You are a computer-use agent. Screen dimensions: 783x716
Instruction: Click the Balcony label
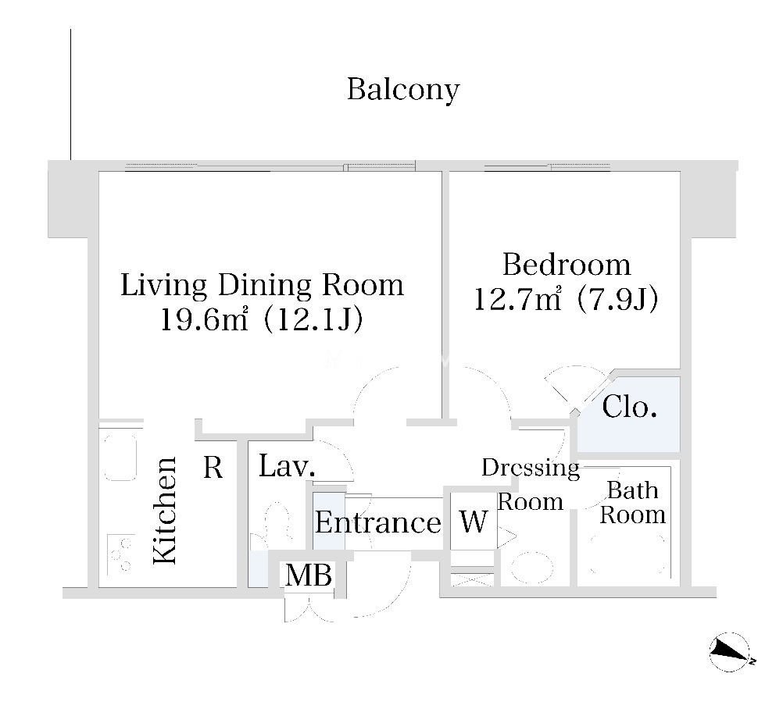pyautogui.click(x=403, y=90)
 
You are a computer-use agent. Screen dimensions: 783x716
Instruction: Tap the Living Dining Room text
pyautogui.click(x=262, y=286)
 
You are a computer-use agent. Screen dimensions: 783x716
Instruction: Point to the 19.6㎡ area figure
pyautogui.click(x=204, y=319)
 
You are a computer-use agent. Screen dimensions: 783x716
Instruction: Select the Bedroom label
pyautogui.click(x=567, y=265)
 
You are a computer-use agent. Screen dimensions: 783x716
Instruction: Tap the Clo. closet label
pyautogui.click(x=629, y=407)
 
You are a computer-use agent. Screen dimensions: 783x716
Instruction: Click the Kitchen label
pyautogui.click(x=166, y=511)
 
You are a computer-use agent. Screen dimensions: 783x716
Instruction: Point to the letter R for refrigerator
pyautogui.click(x=213, y=468)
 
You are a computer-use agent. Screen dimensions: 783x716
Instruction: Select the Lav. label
pyautogui.click(x=287, y=466)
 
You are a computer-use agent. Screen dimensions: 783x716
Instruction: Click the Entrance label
pyautogui.click(x=378, y=523)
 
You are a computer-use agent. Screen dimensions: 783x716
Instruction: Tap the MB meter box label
pyautogui.click(x=308, y=575)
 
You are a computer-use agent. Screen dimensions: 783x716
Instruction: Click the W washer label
pyautogui.click(x=473, y=522)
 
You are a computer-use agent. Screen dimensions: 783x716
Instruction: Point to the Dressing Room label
pyautogui.click(x=531, y=484)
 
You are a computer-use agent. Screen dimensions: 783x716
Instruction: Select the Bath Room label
pyautogui.click(x=633, y=503)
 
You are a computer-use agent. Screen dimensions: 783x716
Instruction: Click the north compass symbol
pyautogui.click(x=730, y=652)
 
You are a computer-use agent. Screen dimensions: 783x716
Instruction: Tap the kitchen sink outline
pyautogui.click(x=120, y=458)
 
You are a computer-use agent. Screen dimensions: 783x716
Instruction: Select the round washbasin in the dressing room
pyautogui.click(x=532, y=568)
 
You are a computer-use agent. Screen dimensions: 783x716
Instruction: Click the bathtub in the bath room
pyautogui.click(x=627, y=555)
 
